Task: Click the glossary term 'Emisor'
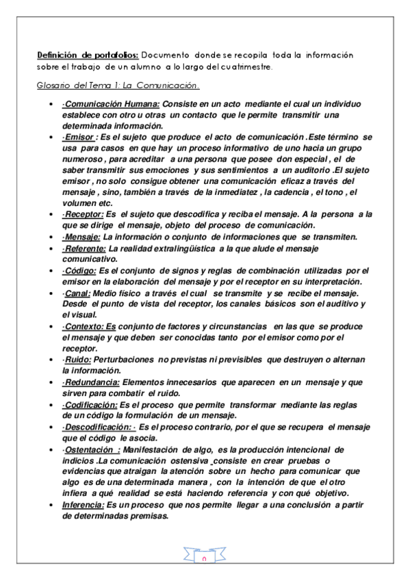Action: pos(79,137)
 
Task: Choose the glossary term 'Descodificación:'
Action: pos(97,427)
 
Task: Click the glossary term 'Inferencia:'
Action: pos(81,505)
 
